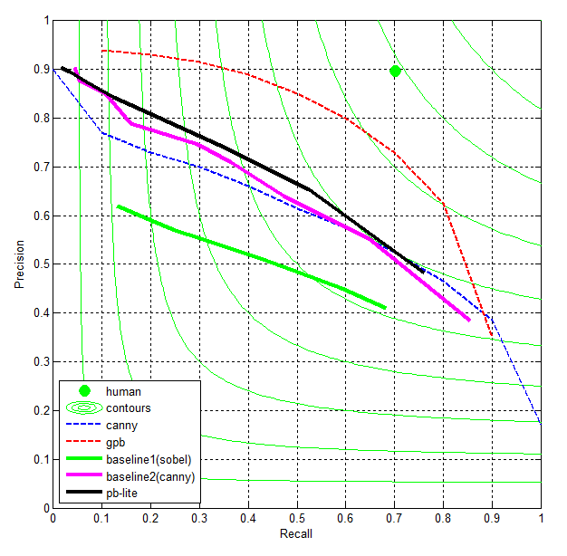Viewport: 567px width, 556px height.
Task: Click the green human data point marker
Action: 395,72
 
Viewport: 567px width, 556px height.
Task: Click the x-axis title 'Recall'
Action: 296,534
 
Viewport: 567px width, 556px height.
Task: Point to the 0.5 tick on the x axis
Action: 297,519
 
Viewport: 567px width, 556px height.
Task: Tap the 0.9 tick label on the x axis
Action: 492,519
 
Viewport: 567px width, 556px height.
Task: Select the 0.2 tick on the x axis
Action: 150,519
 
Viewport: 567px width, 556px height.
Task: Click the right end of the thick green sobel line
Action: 385,308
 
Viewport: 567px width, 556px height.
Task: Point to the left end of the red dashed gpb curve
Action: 102,51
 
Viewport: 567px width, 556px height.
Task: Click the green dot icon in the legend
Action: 84,391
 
